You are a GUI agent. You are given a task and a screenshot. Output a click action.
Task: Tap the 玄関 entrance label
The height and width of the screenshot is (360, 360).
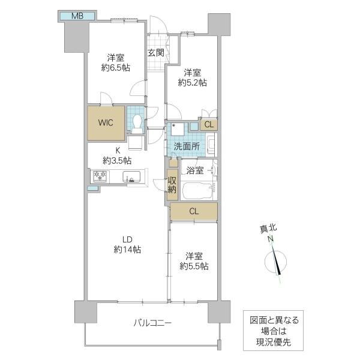tap(156, 53)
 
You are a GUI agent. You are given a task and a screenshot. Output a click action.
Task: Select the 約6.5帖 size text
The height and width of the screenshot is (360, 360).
tap(115, 68)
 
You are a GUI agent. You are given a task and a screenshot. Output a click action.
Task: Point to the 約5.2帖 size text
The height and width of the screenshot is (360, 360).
tap(193, 82)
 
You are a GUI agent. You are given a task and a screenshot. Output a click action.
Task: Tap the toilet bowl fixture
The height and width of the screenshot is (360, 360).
tap(137, 122)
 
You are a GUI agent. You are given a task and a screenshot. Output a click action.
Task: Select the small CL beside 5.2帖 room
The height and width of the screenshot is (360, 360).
tap(209, 125)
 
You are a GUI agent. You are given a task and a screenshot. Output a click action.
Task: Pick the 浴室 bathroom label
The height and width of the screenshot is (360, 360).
tap(196, 170)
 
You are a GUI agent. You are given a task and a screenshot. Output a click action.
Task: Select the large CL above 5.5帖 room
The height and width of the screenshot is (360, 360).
tap(194, 211)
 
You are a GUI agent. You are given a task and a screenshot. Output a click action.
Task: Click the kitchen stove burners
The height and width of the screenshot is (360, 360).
tap(98, 176)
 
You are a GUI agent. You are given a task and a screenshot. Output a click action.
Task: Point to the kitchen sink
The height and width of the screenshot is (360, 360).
tap(131, 177)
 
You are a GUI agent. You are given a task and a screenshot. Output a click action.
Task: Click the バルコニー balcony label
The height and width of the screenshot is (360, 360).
tap(152, 323)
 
